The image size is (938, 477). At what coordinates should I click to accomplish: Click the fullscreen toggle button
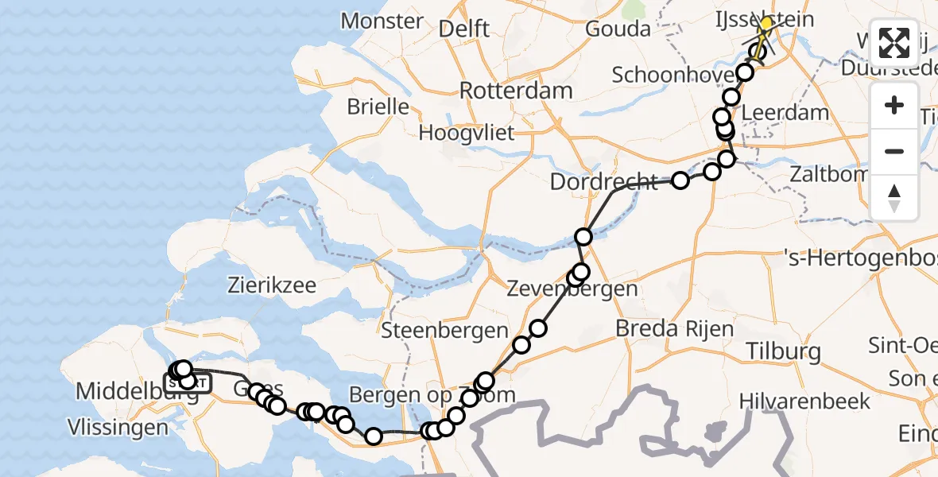pos(894,44)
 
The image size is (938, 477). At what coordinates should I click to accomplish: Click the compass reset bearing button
pos(894,198)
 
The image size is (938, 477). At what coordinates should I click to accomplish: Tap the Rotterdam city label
pos(516,90)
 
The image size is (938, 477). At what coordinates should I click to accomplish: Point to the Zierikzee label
pos(272,285)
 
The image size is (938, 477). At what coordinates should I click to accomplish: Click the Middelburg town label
pos(120,391)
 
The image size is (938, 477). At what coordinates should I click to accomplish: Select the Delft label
pos(464,29)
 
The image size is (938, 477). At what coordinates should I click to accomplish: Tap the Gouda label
pos(618,29)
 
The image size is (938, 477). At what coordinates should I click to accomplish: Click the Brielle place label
pos(378,107)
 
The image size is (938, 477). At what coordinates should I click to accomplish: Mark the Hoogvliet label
pos(467,132)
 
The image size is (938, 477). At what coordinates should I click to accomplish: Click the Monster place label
pos(382,20)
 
